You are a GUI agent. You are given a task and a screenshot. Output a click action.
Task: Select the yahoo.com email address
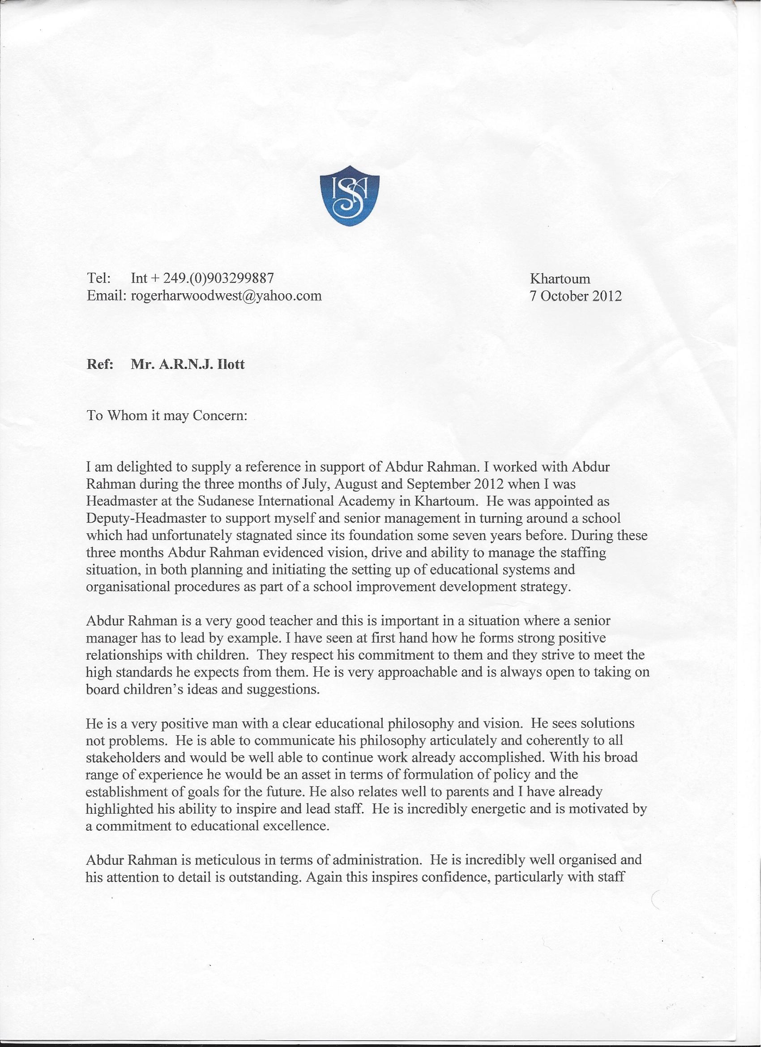[x=226, y=296]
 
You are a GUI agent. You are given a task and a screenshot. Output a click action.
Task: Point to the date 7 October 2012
[x=576, y=296]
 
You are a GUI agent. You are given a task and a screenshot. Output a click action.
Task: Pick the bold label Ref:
[x=100, y=365]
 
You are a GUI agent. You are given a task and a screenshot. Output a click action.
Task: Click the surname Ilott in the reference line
[x=232, y=365]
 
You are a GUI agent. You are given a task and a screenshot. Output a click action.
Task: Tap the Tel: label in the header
[x=98, y=278]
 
